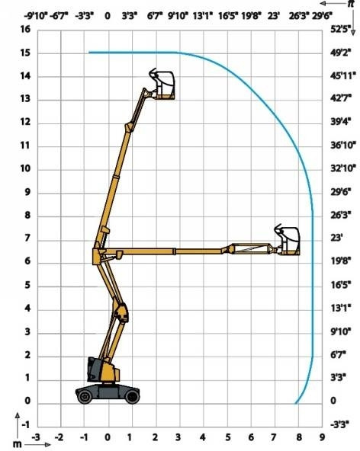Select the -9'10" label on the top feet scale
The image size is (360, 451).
(x=35, y=14)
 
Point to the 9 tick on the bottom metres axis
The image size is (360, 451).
(x=322, y=438)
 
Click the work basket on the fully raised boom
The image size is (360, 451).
(x=163, y=83)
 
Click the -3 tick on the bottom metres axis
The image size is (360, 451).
(x=36, y=438)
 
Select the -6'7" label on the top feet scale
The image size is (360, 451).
(x=59, y=14)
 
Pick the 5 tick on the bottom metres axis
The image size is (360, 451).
(x=227, y=438)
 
